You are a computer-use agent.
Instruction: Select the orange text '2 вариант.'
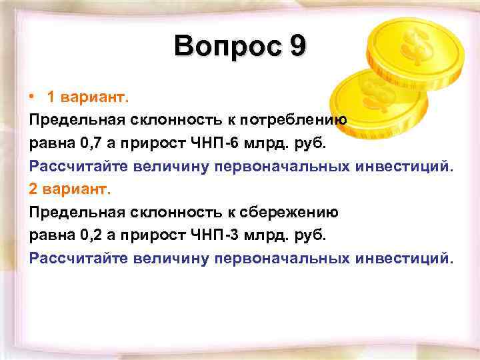(67, 189)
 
